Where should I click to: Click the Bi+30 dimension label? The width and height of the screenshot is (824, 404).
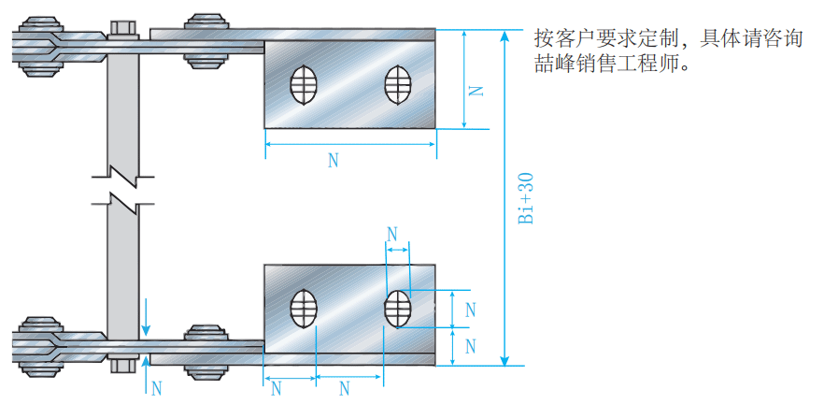pyautogui.click(x=526, y=198)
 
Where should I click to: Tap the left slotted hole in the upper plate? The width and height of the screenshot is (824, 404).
pyautogui.click(x=304, y=85)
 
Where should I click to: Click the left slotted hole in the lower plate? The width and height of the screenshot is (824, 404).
pyautogui.click(x=304, y=310)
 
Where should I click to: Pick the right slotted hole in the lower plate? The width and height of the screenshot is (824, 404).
pyautogui.click(x=396, y=310)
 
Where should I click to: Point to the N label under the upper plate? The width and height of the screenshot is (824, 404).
pyautogui.click(x=334, y=160)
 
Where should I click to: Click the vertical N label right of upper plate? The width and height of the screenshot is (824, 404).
pyautogui.click(x=476, y=91)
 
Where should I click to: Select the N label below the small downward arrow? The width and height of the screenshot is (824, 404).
pyautogui.click(x=156, y=385)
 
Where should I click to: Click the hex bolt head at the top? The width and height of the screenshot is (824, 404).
pyautogui.click(x=121, y=27)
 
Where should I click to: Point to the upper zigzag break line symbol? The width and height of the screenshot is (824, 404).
pyautogui.click(x=122, y=173)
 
